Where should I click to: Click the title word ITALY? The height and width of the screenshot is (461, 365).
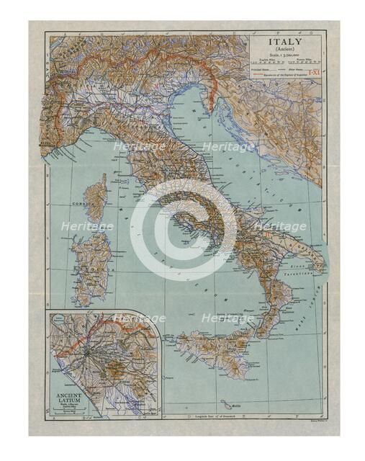click(286, 42)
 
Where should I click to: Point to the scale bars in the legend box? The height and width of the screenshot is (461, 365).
click(286, 61)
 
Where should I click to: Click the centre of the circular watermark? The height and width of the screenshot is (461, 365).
click(183, 230)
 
